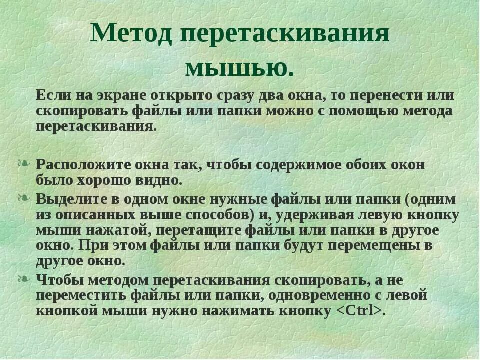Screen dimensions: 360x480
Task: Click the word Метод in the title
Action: click(x=131, y=34)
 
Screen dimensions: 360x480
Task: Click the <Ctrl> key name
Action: click(x=359, y=311)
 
